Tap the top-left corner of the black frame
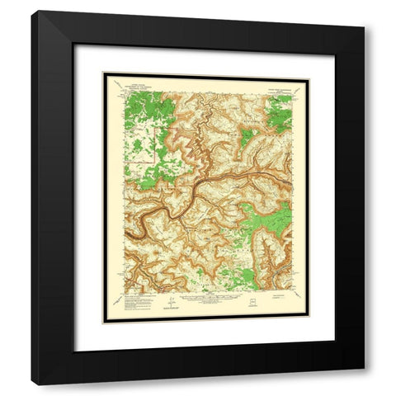33,12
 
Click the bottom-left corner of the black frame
33,368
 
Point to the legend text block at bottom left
132,300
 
